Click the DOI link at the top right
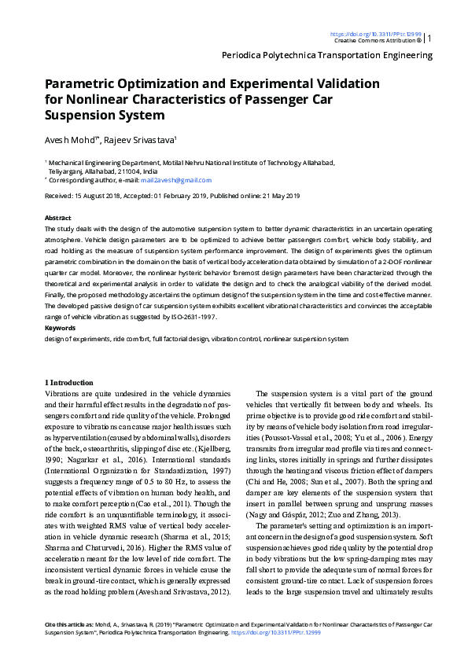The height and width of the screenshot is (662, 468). pyautogui.click(x=376, y=34)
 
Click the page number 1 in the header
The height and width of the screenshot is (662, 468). pyautogui.click(x=429, y=38)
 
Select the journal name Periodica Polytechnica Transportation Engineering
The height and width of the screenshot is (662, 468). pyautogui.click(x=326, y=55)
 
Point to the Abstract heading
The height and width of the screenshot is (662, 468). pyautogui.click(x=58, y=218)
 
